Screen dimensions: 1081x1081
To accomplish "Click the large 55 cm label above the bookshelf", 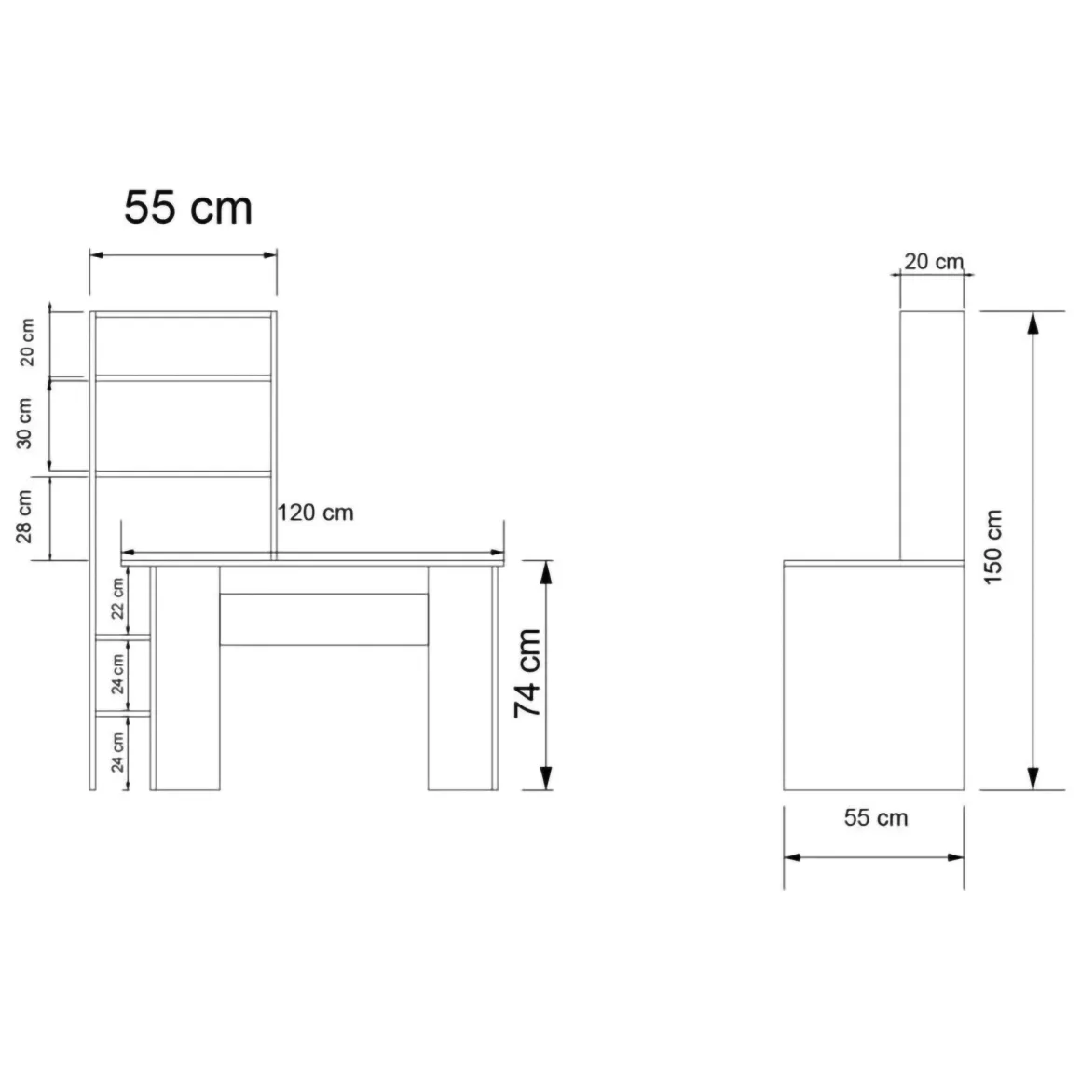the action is tap(188, 207).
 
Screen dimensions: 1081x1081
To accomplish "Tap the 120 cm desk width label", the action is tap(315, 513).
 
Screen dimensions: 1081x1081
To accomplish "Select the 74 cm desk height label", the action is tap(528, 674).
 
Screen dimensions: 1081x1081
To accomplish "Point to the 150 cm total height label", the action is tap(992, 547).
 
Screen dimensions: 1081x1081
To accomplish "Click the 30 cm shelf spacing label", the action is tap(24, 423).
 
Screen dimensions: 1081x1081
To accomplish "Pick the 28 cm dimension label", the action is tap(24, 517).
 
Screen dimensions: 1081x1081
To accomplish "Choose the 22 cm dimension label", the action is tap(118, 598).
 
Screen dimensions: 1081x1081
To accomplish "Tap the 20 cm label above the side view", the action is tap(934, 262).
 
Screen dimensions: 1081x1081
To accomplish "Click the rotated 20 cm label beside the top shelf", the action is tap(26, 342).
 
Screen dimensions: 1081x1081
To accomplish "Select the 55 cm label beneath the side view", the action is tap(876, 817).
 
